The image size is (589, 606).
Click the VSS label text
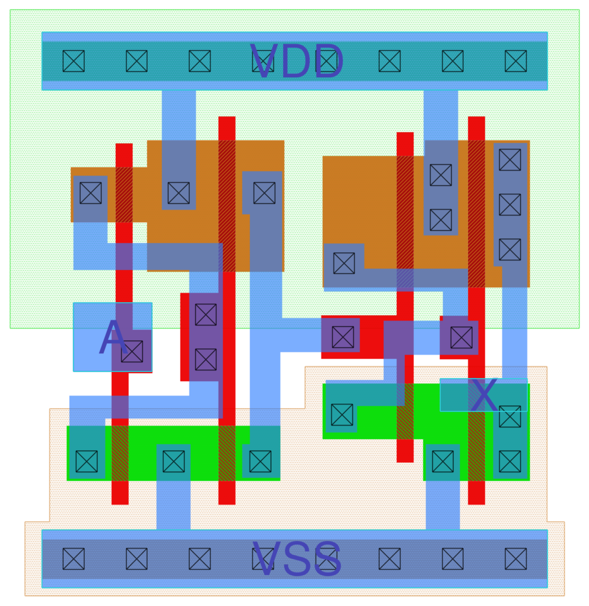[x=297, y=559]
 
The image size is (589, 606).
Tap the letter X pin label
[x=484, y=395]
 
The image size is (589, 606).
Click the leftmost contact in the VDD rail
[x=74, y=61]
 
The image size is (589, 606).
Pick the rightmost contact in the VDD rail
[x=515, y=61]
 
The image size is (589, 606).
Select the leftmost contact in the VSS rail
[x=74, y=559]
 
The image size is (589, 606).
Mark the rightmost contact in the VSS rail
[x=515, y=559]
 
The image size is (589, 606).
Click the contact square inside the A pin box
[x=132, y=351]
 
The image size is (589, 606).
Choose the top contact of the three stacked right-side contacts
[x=510, y=160]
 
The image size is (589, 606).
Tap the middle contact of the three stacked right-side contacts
[x=510, y=205]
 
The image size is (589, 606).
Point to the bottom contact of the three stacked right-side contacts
[x=510, y=250]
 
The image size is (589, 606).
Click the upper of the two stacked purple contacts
[x=206, y=315]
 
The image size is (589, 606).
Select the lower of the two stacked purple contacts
[x=206, y=360]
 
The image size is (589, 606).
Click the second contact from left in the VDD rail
[x=136, y=61]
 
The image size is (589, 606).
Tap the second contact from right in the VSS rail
[x=453, y=559]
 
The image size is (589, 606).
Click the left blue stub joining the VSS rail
[x=173, y=505]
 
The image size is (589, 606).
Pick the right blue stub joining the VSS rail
[x=443, y=505]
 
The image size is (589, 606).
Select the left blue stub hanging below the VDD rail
[x=179, y=114]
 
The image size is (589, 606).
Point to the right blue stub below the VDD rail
[x=441, y=114]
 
